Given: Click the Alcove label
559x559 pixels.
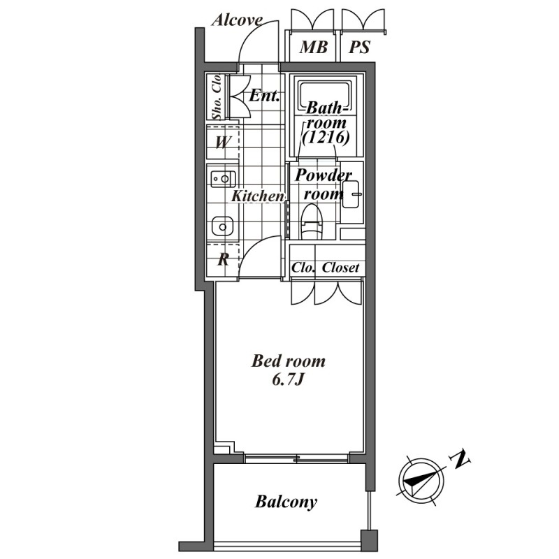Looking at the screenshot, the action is tap(237, 20).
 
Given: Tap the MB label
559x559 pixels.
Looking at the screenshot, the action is tap(313, 47).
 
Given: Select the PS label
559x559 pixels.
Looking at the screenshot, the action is tap(359, 47).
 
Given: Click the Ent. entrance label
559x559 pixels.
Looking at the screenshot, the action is tap(264, 96).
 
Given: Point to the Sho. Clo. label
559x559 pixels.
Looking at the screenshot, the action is tap(217, 96).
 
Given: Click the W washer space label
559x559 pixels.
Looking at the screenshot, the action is tap(222, 143).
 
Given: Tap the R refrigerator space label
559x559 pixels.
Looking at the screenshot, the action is tap(223, 259).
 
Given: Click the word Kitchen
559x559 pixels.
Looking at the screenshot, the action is tap(257, 196).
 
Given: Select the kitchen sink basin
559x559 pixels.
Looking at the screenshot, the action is tap(222, 226).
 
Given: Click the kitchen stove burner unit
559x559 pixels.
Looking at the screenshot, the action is tap(223, 179).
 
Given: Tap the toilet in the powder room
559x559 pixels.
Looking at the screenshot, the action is tap(312, 222).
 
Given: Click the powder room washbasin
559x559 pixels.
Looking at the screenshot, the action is tap(351, 194).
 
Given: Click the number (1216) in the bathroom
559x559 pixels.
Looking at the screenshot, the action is tap(326, 137).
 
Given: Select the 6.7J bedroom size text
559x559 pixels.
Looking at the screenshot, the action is tap(287, 380).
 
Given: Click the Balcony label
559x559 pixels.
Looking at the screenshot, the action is tap(286, 502).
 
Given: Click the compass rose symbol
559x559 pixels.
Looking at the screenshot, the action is tap(421, 481).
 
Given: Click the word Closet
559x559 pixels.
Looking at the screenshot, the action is tap(340, 268).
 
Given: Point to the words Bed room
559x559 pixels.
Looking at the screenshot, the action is tap(289, 361).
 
